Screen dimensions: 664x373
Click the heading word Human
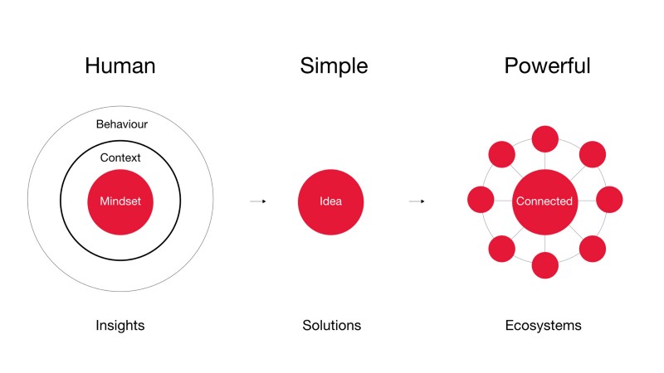click(120, 66)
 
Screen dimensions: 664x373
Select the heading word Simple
click(334, 66)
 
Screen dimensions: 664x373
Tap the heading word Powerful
click(547, 66)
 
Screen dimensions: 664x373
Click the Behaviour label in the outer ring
click(122, 124)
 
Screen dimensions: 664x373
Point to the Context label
click(120, 157)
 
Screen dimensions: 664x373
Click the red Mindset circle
click(120, 202)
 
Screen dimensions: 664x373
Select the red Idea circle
click(330, 202)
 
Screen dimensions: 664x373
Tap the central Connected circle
click(544, 202)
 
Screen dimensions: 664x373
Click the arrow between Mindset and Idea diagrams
click(258, 201)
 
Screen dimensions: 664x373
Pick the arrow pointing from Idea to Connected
click(417, 201)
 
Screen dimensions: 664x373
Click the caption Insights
click(120, 326)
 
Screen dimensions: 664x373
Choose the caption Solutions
click(331, 325)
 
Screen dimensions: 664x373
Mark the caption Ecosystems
click(544, 326)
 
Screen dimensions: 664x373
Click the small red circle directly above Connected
click(545, 138)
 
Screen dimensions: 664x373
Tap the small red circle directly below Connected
click(545, 265)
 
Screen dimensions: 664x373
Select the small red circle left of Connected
click(481, 199)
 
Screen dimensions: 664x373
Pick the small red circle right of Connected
click(609, 199)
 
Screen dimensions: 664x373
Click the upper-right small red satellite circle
click(593, 154)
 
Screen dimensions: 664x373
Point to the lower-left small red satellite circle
click(502, 249)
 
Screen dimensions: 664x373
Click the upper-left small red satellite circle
click(502, 154)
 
